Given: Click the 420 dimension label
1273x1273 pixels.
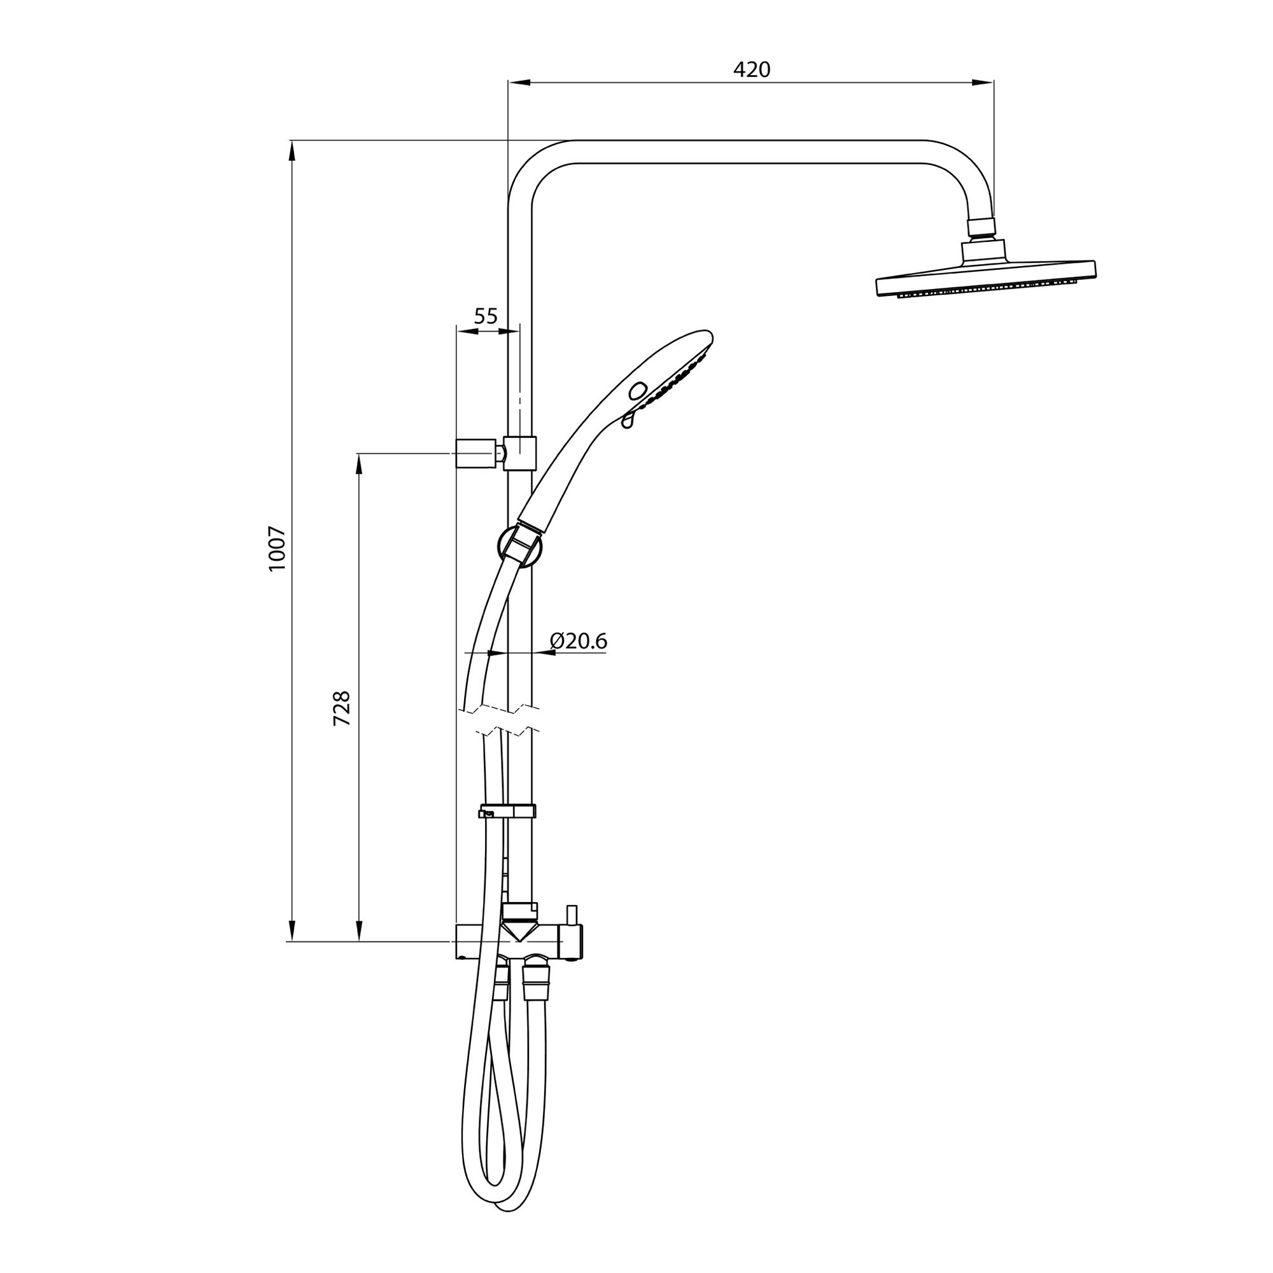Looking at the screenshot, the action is (752, 69).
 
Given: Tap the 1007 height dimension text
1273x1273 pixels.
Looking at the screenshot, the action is (278, 549).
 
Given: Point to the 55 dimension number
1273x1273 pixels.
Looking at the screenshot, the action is (486, 316).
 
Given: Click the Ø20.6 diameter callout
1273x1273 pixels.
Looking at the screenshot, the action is (578, 640).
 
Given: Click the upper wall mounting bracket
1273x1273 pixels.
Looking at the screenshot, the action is (495, 453).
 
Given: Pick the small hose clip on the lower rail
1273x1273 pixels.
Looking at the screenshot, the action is (507, 810).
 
